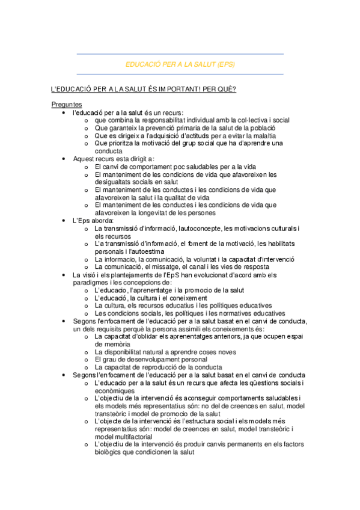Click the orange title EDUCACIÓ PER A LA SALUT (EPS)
point(180,64)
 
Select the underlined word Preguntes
point(67,105)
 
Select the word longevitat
point(171,213)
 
